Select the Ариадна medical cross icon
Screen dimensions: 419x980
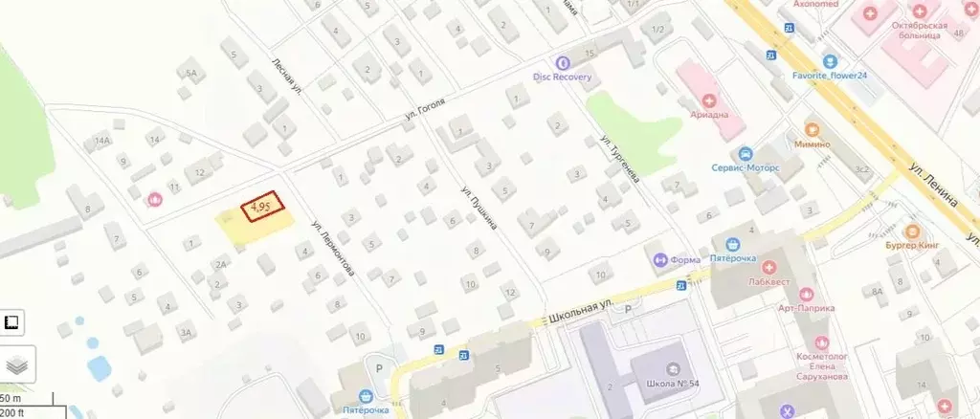(x=709, y=99)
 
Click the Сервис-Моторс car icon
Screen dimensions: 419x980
(x=745, y=153)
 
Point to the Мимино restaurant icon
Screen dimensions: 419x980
(x=812, y=129)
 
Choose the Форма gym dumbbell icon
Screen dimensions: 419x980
(x=660, y=259)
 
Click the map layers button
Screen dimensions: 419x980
(x=17, y=364)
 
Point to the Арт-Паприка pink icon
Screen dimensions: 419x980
(x=804, y=294)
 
